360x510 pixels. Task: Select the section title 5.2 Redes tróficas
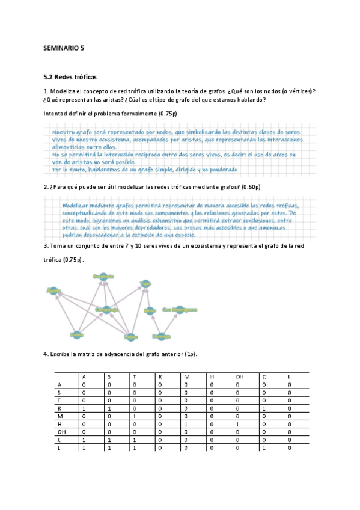point(70,78)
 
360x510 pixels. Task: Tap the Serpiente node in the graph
point(103,277)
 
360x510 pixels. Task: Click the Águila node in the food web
point(54,290)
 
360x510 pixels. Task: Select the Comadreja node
point(106,310)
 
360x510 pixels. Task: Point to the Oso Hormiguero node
point(180,310)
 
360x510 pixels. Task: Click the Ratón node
point(76,334)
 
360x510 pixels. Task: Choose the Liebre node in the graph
point(131,336)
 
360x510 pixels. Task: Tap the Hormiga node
point(161,336)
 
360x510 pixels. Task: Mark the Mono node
point(150,310)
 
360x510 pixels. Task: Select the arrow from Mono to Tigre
point(147,296)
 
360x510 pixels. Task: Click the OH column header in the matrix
point(239,377)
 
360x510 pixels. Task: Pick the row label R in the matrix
point(58,408)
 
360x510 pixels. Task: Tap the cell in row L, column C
point(264,447)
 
